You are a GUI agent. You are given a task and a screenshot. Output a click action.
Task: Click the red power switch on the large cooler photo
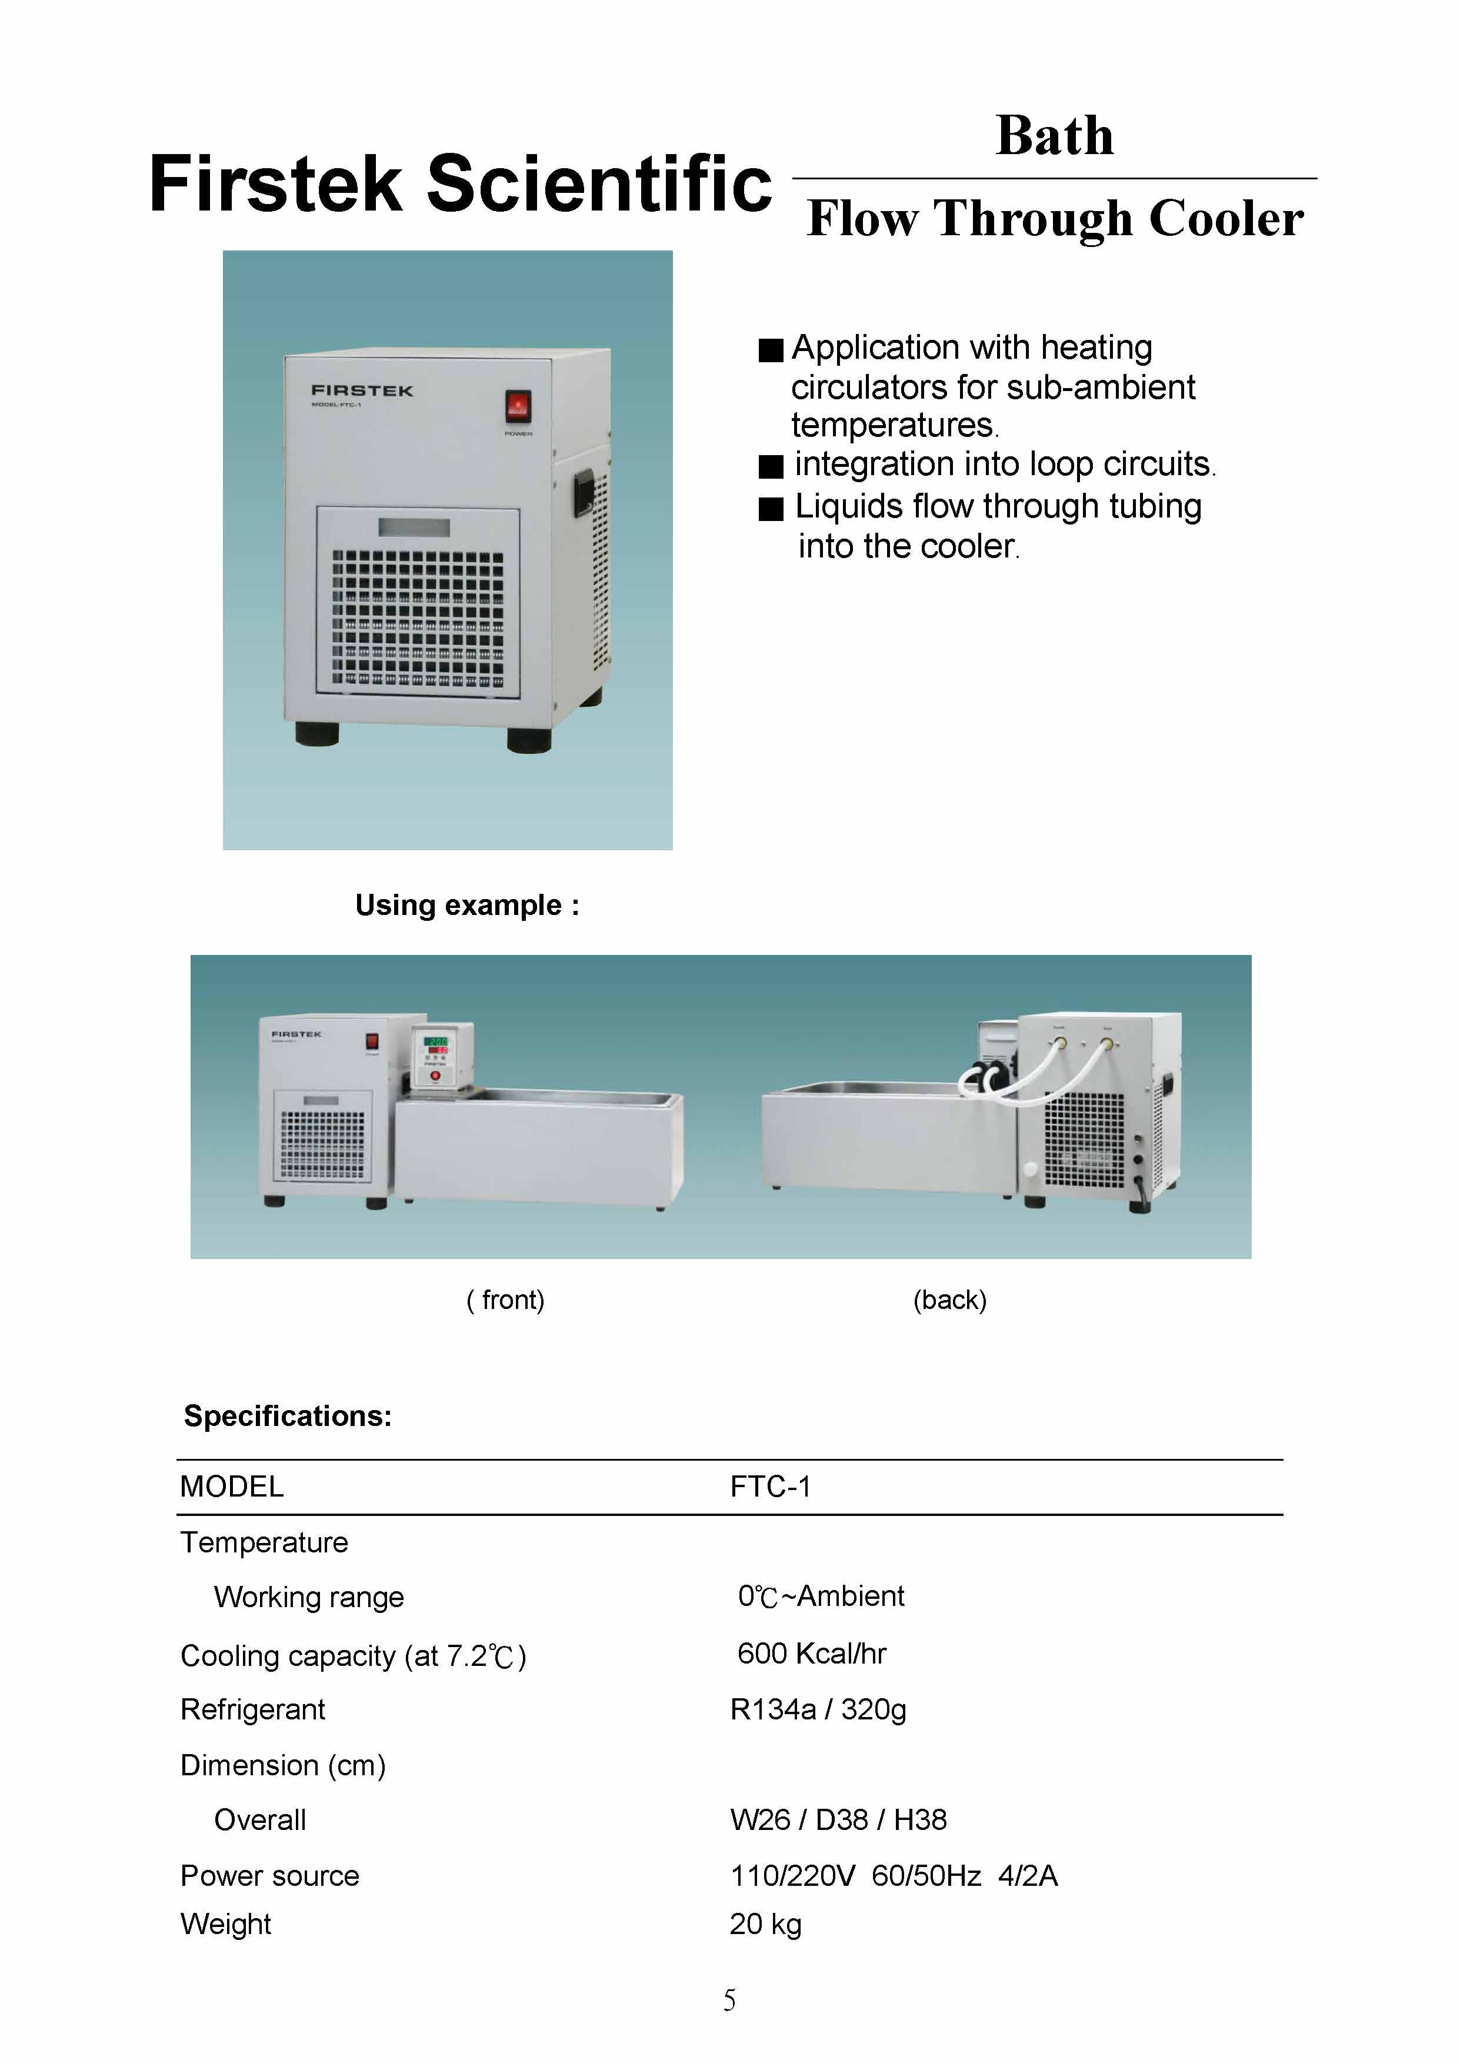(517, 406)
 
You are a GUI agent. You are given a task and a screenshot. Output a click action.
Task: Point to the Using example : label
(466, 904)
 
